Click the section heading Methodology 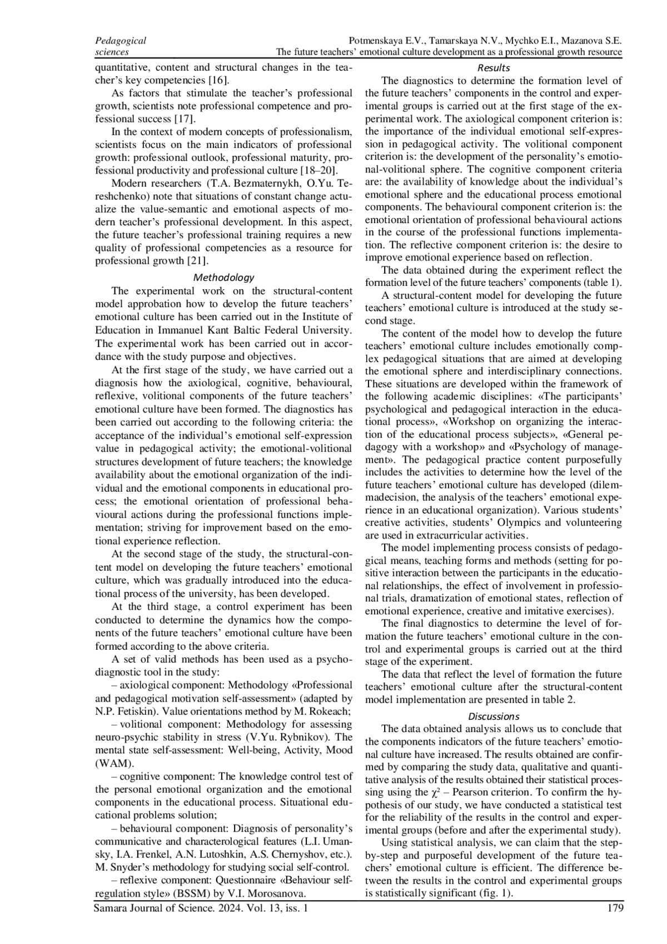223,277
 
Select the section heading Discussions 494,716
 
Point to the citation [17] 184,118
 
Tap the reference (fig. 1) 495,893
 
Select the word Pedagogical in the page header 121,41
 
